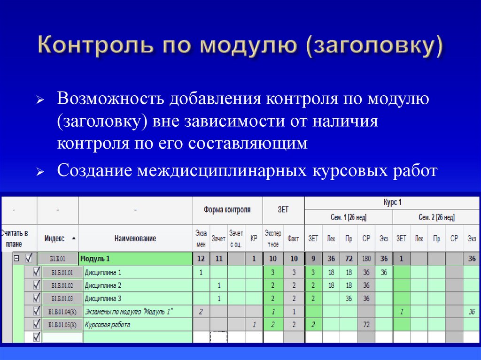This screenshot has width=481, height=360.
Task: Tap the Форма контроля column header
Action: pos(227,210)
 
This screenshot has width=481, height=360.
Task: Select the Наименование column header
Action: pos(135,238)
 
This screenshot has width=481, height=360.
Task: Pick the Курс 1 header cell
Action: pos(392,203)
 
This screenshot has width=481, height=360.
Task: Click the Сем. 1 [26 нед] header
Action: pos(348,217)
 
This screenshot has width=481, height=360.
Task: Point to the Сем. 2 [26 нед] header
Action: pos(435,217)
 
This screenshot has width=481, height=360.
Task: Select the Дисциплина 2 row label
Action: pos(103,285)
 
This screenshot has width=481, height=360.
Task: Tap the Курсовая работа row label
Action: pos(107,324)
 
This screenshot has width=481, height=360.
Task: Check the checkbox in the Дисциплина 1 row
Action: pos(36,272)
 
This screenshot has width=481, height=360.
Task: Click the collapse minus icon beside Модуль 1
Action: pos(16,258)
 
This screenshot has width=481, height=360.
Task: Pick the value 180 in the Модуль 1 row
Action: pos(366,259)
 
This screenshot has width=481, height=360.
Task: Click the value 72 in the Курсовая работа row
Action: pos(366,324)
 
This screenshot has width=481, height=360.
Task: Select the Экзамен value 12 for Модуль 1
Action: pos(201,259)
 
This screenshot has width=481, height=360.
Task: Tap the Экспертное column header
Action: pos(272,238)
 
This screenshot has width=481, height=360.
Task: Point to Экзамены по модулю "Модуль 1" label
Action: pos(129,311)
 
